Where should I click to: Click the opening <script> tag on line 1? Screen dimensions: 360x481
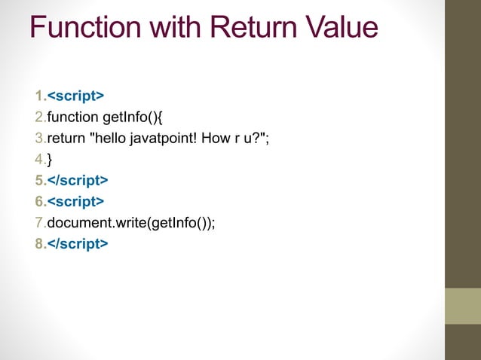click(x=75, y=96)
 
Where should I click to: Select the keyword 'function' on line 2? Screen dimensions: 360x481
click(x=73, y=117)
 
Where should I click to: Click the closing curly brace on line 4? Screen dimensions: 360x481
click(x=50, y=159)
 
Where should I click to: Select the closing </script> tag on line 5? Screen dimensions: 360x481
click(x=78, y=180)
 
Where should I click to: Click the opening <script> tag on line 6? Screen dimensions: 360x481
click(x=75, y=201)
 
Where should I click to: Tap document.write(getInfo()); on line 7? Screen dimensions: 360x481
click(x=130, y=222)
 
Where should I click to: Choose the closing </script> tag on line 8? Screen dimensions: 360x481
click(x=78, y=243)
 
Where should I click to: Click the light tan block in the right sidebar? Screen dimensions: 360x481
click(x=463, y=306)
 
